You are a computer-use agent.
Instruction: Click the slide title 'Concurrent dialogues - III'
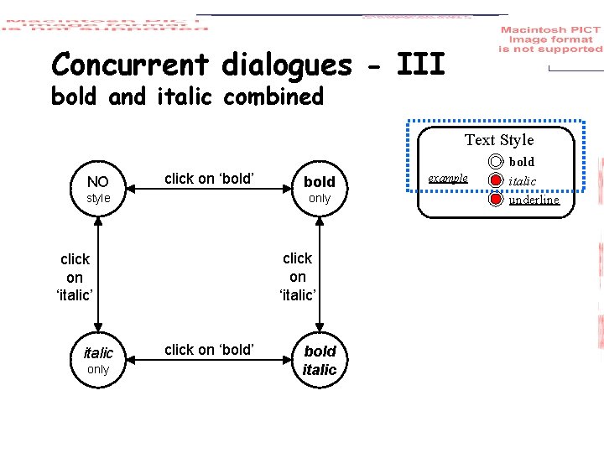(x=247, y=65)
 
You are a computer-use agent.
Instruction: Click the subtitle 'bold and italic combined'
(x=187, y=97)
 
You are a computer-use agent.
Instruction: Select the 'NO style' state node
(x=98, y=188)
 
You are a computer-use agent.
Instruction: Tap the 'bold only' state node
(x=320, y=189)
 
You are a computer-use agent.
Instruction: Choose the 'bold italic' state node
(x=320, y=361)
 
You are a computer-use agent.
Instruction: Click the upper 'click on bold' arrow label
(x=209, y=178)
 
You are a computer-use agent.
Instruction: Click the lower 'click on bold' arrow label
(x=209, y=350)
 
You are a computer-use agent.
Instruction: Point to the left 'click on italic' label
(x=74, y=277)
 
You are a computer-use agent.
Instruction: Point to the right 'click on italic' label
(x=297, y=276)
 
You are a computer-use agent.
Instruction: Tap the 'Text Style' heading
(x=499, y=140)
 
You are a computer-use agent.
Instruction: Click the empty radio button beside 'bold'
(x=496, y=162)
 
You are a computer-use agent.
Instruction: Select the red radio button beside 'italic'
(x=496, y=180)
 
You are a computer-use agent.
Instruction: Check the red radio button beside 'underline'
(x=496, y=200)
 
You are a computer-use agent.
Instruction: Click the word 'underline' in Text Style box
(x=534, y=200)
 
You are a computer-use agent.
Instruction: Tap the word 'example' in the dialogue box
(x=448, y=179)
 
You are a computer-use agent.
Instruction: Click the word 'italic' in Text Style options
(x=523, y=180)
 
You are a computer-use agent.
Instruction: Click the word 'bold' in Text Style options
(x=522, y=161)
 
